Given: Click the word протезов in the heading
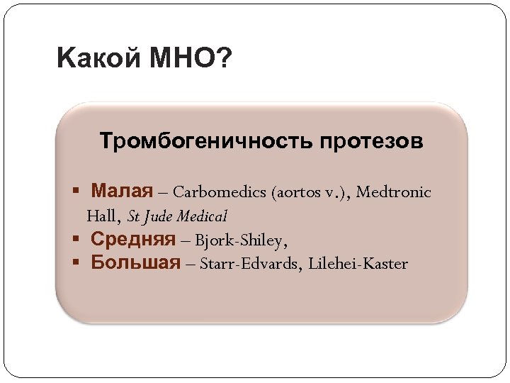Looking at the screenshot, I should click(x=371, y=140).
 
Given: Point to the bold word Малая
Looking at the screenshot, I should click(x=122, y=191).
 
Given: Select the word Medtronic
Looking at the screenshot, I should click(x=394, y=192).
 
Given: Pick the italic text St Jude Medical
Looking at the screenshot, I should click(x=178, y=216).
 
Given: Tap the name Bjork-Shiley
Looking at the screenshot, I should click(x=241, y=240).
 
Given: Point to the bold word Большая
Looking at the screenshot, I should click(x=135, y=263).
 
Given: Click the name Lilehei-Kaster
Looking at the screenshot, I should click(x=359, y=264).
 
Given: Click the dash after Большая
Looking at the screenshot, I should click(x=191, y=264).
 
